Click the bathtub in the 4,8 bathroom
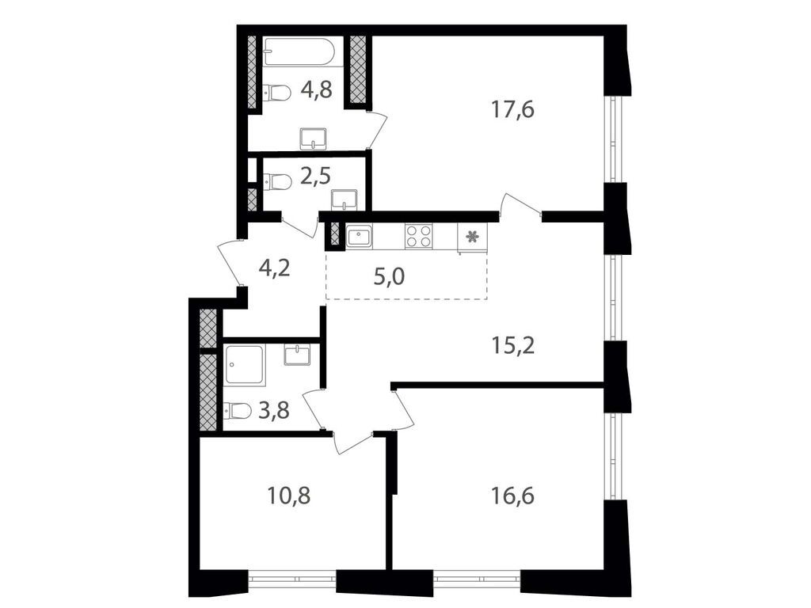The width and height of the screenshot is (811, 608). point(299,51)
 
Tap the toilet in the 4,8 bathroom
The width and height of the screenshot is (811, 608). point(276,93)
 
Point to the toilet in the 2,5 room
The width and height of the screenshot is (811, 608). point(277,182)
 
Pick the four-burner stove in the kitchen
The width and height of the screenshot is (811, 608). point(419,237)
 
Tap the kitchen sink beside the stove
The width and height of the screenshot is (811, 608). point(359,237)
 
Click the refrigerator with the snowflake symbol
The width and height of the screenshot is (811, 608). point(472,237)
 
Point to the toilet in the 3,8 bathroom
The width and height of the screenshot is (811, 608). point(238,410)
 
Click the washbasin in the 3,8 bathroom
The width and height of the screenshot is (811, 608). point(298,355)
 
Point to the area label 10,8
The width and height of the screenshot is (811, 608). point(289,496)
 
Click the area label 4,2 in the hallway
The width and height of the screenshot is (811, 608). point(275,267)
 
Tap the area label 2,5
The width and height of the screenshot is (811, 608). point(314,175)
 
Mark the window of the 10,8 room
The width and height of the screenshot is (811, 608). point(292,579)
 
